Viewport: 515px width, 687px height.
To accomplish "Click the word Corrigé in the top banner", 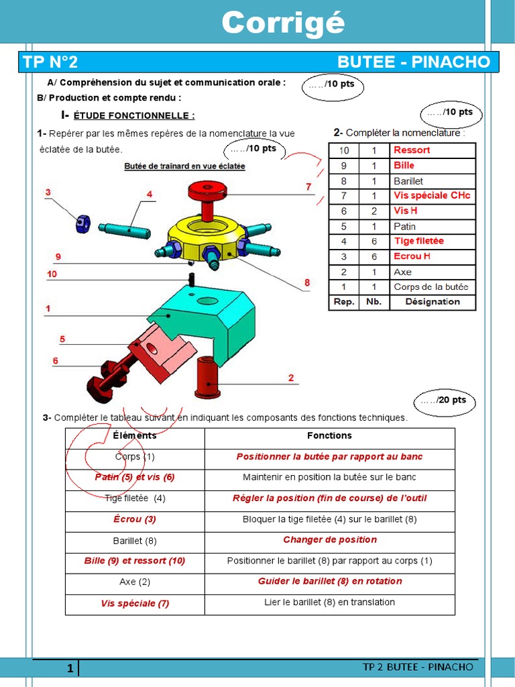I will [x=283, y=23].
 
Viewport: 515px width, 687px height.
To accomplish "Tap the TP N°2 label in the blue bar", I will [x=50, y=62].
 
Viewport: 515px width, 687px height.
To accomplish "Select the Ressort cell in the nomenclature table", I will [x=412, y=150].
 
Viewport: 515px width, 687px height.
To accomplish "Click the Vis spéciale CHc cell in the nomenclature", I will [x=432, y=196].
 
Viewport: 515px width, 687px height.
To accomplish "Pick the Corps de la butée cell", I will [x=431, y=287].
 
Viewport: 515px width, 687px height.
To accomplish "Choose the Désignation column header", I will [x=432, y=302].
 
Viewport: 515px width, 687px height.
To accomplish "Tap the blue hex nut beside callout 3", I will [x=82, y=223].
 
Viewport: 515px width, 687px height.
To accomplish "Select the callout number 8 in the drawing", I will [x=307, y=283].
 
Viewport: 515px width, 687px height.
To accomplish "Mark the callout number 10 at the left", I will [x=52, y=274].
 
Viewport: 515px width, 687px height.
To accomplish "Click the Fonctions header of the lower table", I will [x=329, y=436].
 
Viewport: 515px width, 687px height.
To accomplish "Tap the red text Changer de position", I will [x=329, y=540].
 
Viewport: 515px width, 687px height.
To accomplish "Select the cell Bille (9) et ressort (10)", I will [x=134, y=561].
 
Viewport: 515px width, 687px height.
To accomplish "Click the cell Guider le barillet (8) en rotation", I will [x=329, y=582].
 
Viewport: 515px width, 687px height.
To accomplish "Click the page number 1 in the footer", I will [x=70, y=669].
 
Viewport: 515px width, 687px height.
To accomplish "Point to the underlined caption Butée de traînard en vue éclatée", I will [x=184, y=166].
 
